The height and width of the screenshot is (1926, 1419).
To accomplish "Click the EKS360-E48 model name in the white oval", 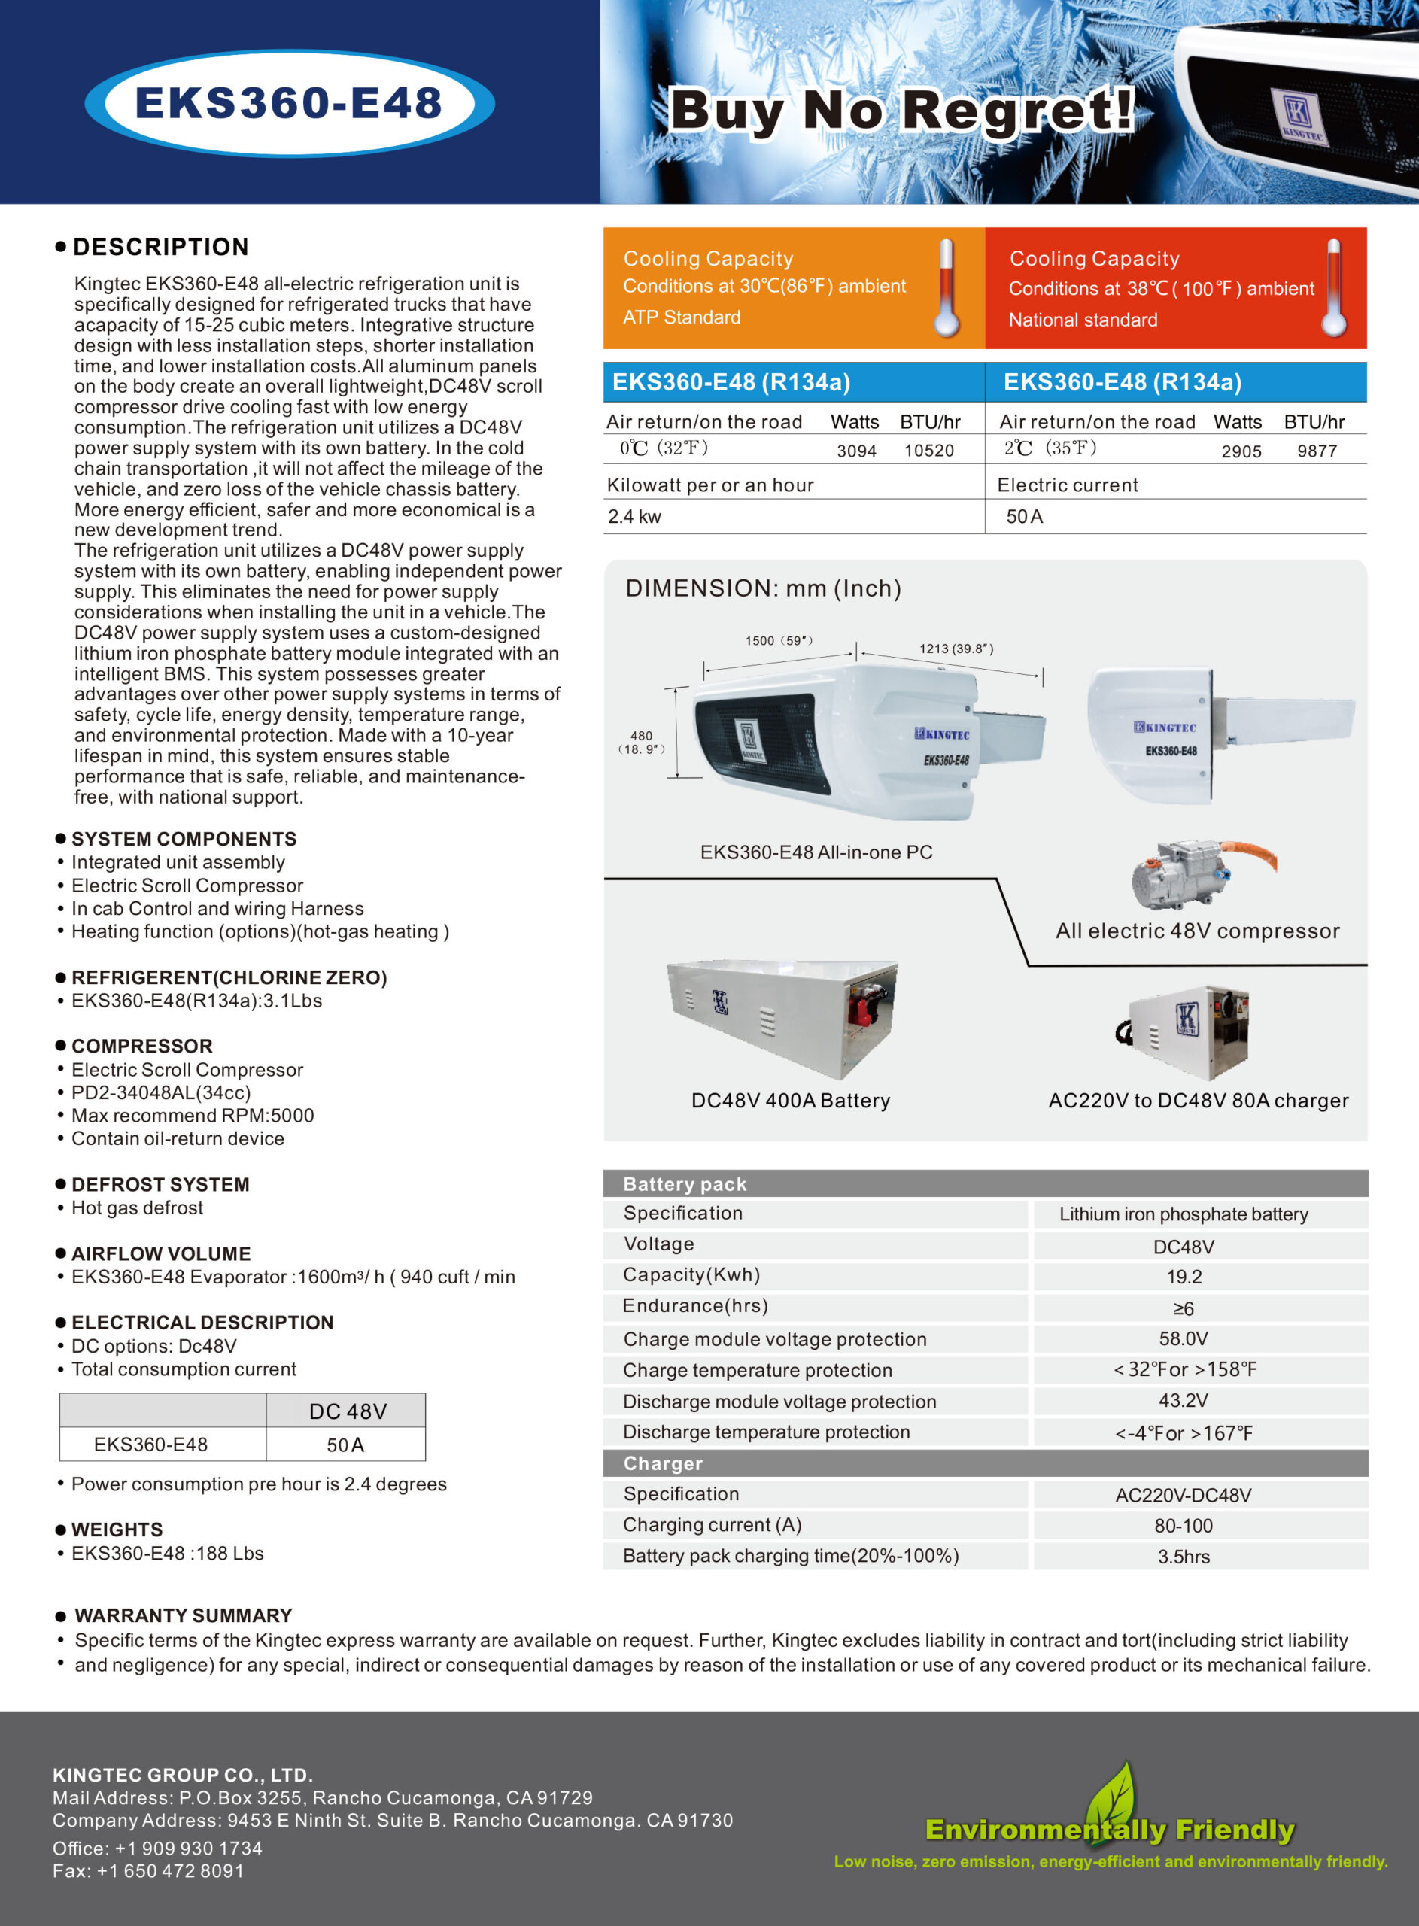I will coord(289,103).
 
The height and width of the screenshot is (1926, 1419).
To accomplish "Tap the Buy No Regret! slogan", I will coord(901,111).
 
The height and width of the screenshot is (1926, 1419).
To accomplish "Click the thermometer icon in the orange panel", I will coord(946,287).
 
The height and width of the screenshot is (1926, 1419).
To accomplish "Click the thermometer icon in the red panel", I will coord(1333,287).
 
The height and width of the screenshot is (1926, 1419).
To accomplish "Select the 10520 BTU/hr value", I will coord(928,451).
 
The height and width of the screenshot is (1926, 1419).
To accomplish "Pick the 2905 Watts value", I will coord(1241,451).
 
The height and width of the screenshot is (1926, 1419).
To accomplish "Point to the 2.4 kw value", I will coord(634,517).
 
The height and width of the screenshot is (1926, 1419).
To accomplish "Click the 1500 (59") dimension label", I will coord(778,640).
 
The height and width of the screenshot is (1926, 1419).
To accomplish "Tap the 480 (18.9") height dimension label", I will coord(641,742).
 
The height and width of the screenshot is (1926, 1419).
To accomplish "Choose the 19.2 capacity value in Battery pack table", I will coord(1184,1277).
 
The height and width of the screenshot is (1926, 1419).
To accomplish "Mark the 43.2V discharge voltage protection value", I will coord(1183,1401).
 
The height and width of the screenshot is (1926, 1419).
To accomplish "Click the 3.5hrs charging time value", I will coord(1183,1557).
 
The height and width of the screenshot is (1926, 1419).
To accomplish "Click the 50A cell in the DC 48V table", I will coord(345,1445).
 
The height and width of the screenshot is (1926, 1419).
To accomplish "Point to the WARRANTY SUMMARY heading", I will coord(183,1615).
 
